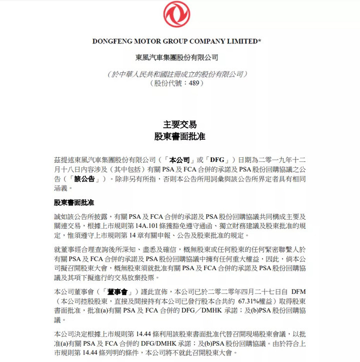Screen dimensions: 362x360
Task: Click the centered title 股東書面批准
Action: (x=180, y=136)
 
